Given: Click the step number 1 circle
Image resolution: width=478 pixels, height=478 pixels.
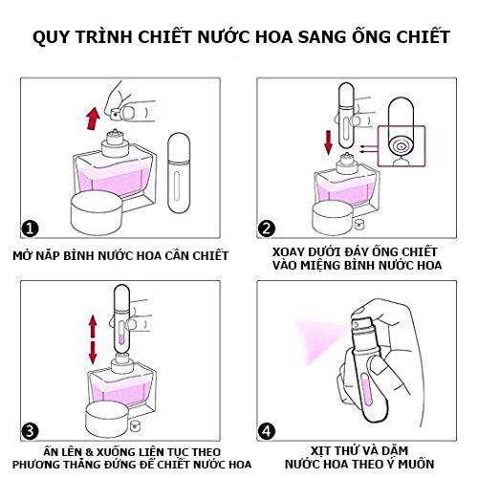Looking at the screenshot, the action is [30, 228].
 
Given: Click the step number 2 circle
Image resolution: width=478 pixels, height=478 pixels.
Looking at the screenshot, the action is [267, 228].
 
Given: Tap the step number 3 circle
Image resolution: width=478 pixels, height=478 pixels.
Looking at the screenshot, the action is [30, 431].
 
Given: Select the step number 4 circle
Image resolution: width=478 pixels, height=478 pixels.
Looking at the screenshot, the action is [267, 431].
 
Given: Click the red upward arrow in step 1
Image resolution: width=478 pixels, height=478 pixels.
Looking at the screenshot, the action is [94, 119].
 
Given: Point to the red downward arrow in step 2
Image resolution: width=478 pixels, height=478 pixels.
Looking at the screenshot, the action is [328, 142].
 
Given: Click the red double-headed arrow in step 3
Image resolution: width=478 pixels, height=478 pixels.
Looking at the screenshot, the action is [93, 339].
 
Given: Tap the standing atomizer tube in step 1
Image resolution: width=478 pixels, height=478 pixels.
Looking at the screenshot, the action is [179, 173].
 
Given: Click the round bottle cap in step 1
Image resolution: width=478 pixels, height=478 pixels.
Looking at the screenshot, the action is [97, 212].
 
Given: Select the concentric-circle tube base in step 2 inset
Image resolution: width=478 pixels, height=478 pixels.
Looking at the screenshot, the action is [401, 146].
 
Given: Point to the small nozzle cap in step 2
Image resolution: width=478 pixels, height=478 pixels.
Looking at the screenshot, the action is [359, 224].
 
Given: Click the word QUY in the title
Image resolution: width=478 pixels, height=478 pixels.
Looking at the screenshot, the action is [51, 37].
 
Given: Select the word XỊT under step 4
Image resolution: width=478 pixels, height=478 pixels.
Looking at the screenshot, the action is [320, 450].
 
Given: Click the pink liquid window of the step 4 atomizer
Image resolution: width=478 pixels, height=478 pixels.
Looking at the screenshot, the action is [366, 389].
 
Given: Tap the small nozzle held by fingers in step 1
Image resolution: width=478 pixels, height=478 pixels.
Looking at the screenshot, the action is [115, 113].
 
